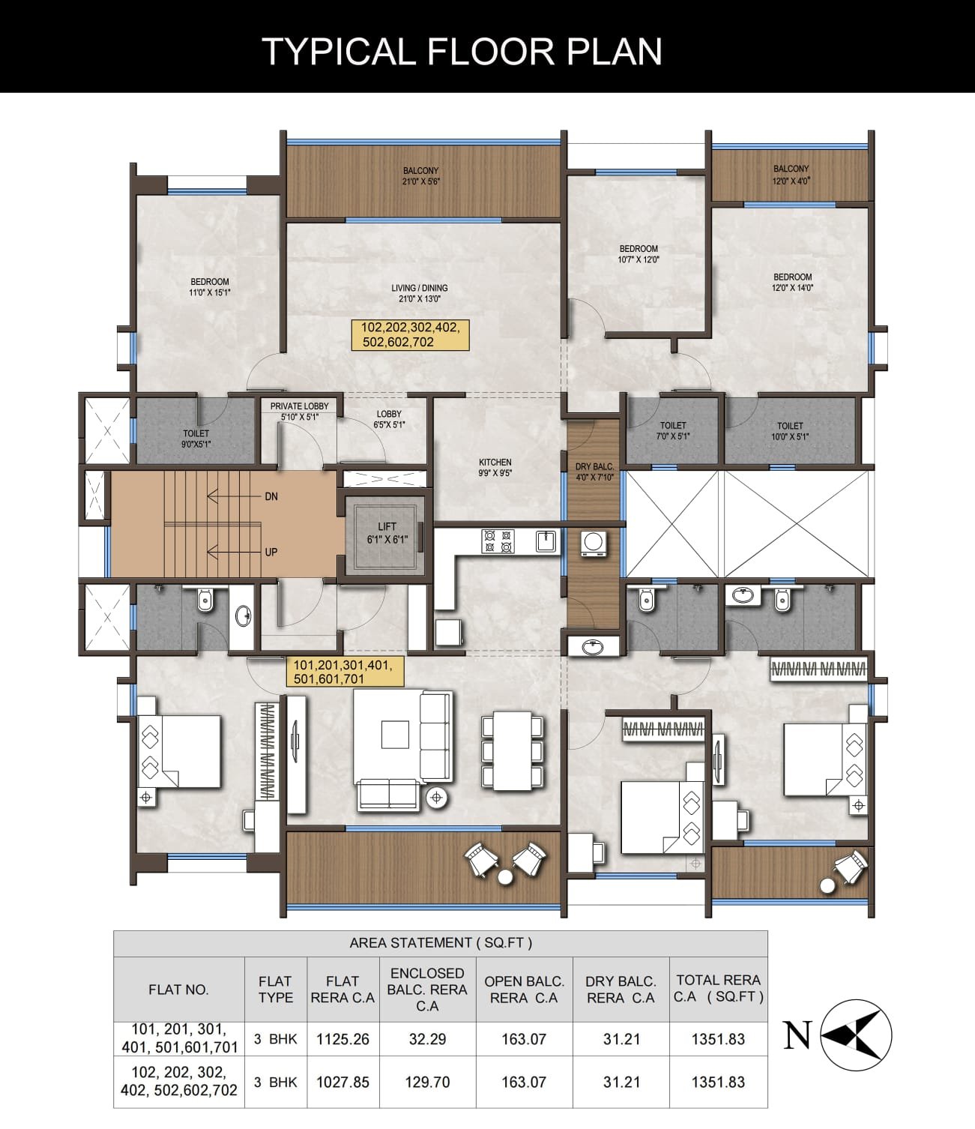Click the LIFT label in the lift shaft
pos(387,533)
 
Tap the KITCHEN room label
pos(495,468)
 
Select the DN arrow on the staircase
pos(235,496)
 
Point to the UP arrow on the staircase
pos(235,553)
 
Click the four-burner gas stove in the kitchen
pos(498,541)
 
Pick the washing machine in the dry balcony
pos(594,544)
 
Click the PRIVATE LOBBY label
pos(300,412)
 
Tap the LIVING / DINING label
pos(419,293)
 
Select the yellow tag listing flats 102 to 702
pos(410,335)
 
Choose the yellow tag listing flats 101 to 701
pos(345,671)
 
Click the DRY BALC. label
pos(594,472)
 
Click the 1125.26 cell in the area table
pos(342,1040)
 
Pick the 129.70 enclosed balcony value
pos(427,1082)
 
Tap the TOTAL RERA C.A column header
pos(719,988)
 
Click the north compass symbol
pos(855,1035)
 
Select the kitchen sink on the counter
pos(546,541)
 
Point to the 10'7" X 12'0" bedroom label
pos(639,254)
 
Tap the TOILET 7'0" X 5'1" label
pos(672,430)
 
